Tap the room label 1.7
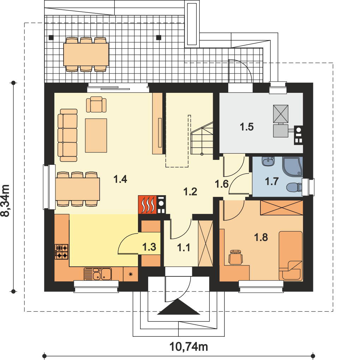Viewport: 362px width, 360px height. (272, 182)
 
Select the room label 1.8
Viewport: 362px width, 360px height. (261, 237)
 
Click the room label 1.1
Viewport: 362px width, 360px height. (184, 248)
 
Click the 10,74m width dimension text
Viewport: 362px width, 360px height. (189, 346)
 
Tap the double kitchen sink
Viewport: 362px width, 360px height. (98, 274)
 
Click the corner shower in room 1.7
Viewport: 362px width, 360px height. (293, 166)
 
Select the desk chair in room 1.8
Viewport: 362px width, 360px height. (235, 257)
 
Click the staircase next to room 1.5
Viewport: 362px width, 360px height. (202, 139)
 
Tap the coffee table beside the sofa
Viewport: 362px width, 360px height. (96, 136)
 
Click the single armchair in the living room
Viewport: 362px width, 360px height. (96, 104)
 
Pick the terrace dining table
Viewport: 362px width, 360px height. (86, 54)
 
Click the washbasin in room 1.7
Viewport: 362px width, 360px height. (269, 162)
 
